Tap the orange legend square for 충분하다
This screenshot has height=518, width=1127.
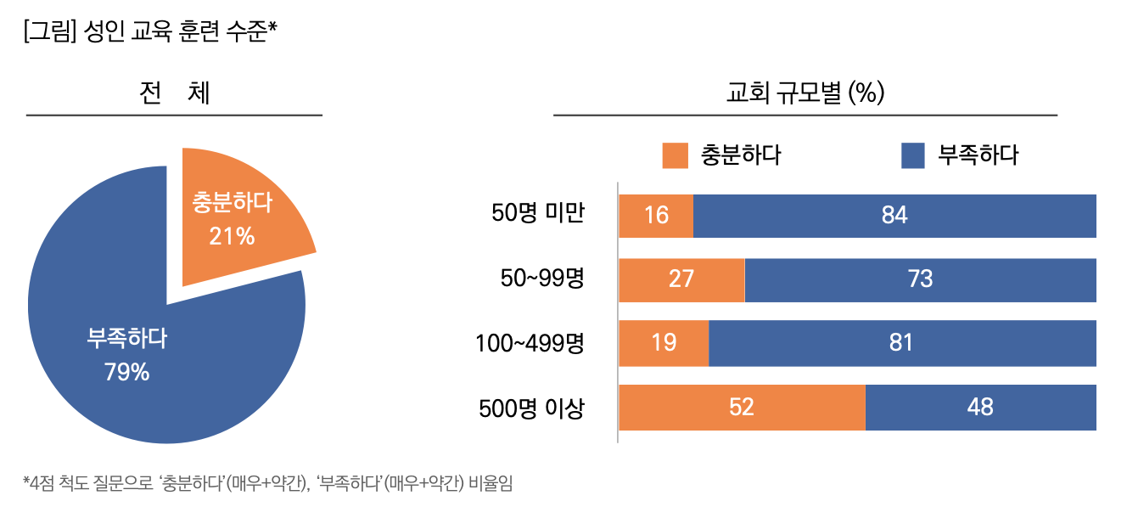675,155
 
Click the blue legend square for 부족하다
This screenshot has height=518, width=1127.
911,155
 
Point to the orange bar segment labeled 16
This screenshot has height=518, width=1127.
656,216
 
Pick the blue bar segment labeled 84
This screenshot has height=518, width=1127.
894,216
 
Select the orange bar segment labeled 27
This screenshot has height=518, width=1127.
681,279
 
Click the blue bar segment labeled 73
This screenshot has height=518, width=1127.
920,279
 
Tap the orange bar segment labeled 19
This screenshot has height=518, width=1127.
664,343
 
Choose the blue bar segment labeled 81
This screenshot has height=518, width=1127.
901,343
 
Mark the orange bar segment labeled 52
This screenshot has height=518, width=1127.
742,408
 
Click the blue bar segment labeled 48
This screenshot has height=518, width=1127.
980,408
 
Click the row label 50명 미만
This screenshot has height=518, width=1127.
538,214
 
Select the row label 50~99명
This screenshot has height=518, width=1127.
542,279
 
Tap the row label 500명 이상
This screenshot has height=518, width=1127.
531,408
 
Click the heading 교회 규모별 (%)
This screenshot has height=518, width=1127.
805,93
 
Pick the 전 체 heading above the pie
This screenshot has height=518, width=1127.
174,93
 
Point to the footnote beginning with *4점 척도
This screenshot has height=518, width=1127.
268,483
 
